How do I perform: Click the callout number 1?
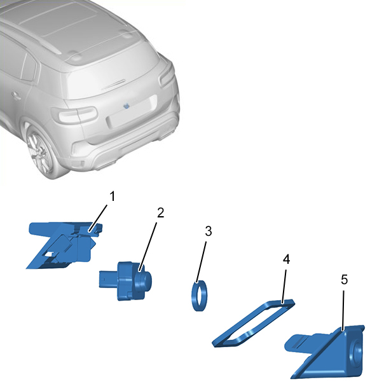pos(113,196)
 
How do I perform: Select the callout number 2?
pos(161,213)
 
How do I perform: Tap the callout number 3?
pos(209,231)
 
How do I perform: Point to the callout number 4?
pos(287,259)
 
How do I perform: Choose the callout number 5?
pos(345,280)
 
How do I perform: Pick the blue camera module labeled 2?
pos(125,281)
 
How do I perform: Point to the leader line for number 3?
pos(202,262)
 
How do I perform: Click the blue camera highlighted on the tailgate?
pos(127,106)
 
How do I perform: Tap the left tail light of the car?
pos(74,115)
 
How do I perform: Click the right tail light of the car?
pos(167,74)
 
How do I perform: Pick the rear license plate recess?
pos(132,111)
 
